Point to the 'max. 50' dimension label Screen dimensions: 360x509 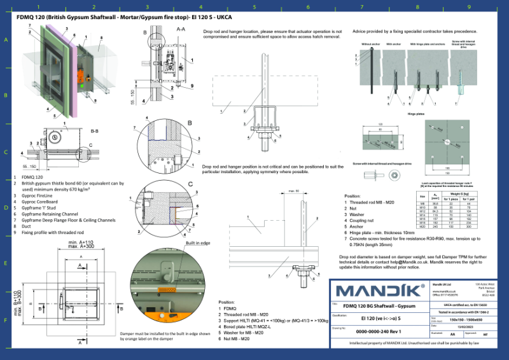click(293, 190)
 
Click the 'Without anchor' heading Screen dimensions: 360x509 click(370, 45)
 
